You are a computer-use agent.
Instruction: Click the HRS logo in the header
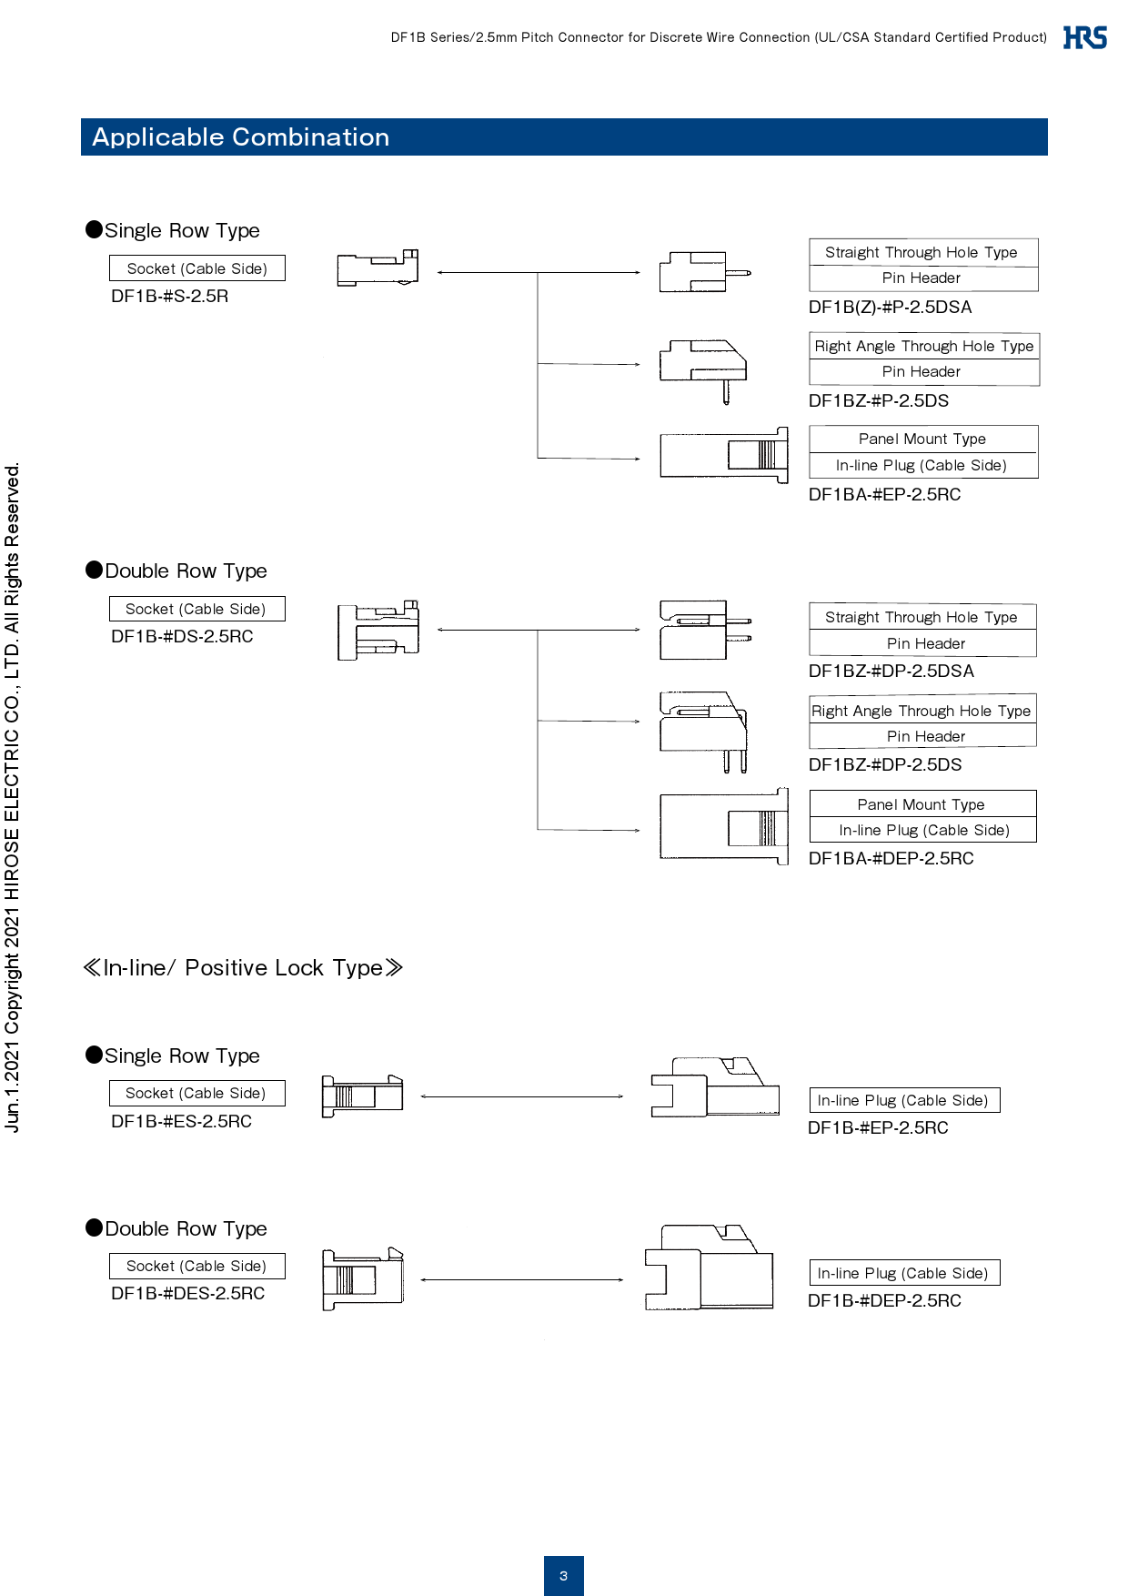click(x=1084, y=37)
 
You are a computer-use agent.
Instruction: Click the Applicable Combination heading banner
click(x=564, y=136)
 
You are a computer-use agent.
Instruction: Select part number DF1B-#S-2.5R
click(x=169, y=296)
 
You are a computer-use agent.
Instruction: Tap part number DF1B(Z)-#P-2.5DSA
click(x=890, y=307)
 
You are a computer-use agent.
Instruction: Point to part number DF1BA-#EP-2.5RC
click(x=884, y=494)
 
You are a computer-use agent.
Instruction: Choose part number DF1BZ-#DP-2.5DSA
click(x=891, y=671)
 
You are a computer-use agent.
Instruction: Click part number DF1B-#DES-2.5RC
click(x=187, y=1293)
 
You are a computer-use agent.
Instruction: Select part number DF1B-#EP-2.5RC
click(x=878, y=1127)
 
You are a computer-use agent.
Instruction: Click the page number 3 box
click(x=563, y=1575)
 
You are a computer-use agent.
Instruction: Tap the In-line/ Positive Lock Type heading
click(x=242, y=967)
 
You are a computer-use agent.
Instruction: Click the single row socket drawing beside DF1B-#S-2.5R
click(x=378, y=268)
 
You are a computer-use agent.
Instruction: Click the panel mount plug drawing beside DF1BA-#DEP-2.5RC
click(x=724, y=826)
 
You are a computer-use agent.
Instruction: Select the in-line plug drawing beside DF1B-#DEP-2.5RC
click(x=710, y=1268)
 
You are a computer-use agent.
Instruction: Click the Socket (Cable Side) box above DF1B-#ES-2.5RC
click(x=196, y=1093)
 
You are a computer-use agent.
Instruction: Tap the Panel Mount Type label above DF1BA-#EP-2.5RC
click(x=922, y=439)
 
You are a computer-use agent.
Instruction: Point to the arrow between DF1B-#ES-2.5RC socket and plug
click(x=521, y=1096)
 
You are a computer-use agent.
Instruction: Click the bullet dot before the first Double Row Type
click(x=94, y=570)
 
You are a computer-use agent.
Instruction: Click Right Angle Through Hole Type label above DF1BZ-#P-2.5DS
click(x=923, y=346)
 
